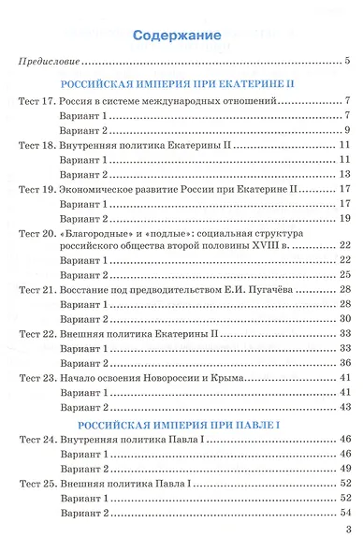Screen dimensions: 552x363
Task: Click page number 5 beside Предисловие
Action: click(x=347, y=63)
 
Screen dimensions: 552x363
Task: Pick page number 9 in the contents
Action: click(x=347, y=129)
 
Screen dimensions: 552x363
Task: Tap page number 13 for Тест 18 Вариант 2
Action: click(x=345, y=174)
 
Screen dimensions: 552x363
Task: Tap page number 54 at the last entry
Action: click(x=345, y=514)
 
